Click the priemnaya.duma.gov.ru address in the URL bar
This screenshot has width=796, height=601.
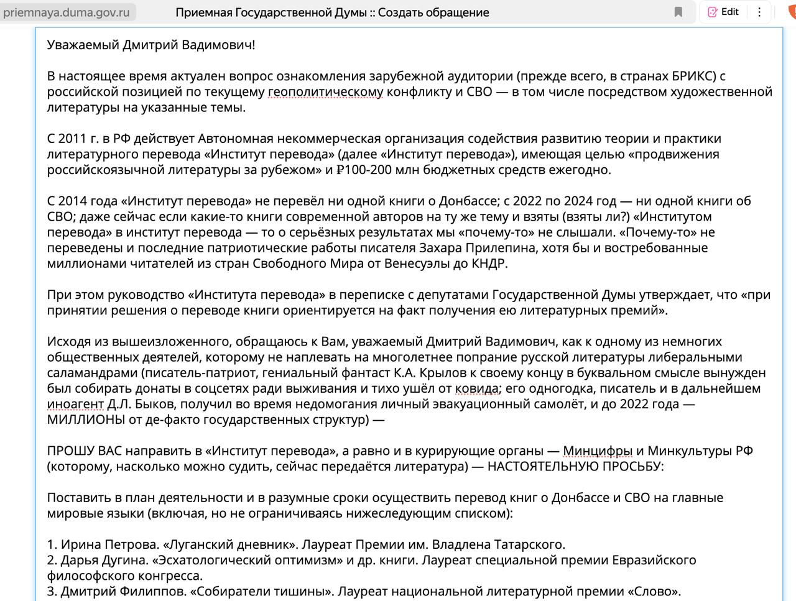pyautogui.click(x=67, y=12)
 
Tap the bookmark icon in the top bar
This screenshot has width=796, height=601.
pyautogui.click(x=678, y=12)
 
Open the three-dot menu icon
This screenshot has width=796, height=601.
pyautogui.click(x=759, y=12)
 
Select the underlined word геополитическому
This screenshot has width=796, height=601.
pyautogui.click(x=325, y=92)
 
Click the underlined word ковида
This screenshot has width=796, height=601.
pyautogui.click(x=477, y=388)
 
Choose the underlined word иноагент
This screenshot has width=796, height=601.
pyautogui.click(x=75, y=404)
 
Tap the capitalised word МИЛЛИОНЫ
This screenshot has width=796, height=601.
pyautogui.click(x=90, y=420)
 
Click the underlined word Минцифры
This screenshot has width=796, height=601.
pyautogui.click(x=598, y=451)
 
